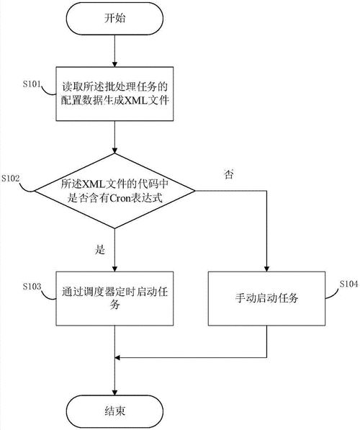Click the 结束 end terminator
pyautogui.click(x=115, y=411)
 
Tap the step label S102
pyautogui.click(x=12, y=177)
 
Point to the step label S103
pyautogui.click(x=32, y=287)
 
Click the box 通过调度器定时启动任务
pyautogui.click(x=115, y=298)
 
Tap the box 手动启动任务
pyautogui.click(x=267, y=298)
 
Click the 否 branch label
pyautogui.click(x=229, y=174)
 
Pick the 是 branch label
pyautogui.click(x=100, y=251)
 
